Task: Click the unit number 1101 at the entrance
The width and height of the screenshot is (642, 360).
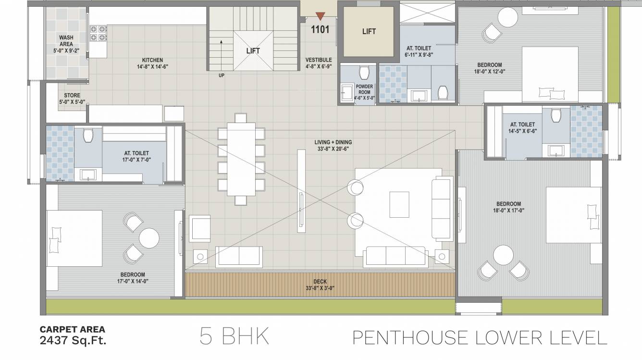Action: [x=320, y=30]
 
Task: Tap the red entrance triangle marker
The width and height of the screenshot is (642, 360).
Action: [x=320, y=16]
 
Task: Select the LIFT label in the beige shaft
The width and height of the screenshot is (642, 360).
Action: [x=369, y=32]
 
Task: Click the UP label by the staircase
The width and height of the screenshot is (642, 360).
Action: [x=221, y=75]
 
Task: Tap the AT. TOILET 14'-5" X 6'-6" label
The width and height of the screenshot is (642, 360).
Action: [x=522, y=127]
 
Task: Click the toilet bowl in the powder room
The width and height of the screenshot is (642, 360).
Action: [x=363, y=73]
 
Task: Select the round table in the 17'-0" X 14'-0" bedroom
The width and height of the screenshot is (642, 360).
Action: [x=148, y=238]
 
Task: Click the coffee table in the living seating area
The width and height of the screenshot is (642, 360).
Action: [x=399, y=205]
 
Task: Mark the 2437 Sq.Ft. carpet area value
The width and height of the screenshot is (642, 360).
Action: [x=73, y=341]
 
